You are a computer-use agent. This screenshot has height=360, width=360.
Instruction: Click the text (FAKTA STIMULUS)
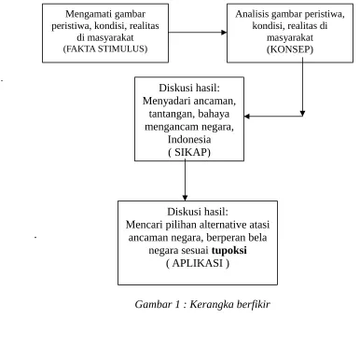coord(105,49)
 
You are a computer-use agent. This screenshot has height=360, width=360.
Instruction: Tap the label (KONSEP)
coord(290,49)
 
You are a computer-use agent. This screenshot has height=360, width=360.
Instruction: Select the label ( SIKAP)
coord(189,152)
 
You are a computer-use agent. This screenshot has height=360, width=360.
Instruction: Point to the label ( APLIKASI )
coord(198,263)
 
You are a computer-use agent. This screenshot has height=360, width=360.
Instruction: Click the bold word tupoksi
coord(229,250)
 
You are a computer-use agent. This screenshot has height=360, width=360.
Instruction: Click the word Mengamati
coord(85,14)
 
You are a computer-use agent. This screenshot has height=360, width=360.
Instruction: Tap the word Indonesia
coord(189,139)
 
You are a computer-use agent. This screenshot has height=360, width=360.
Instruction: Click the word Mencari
coord(141,225)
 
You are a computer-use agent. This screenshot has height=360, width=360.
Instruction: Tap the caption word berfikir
coord(253,304)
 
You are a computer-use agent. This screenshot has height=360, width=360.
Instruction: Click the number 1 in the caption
coord(177,304)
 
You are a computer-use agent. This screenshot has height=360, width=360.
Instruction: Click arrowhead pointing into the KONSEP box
coord(224,33)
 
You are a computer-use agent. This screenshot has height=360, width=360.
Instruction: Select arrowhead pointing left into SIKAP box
coord(247,117)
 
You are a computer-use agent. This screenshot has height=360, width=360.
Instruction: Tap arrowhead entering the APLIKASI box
coord(185,198)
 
